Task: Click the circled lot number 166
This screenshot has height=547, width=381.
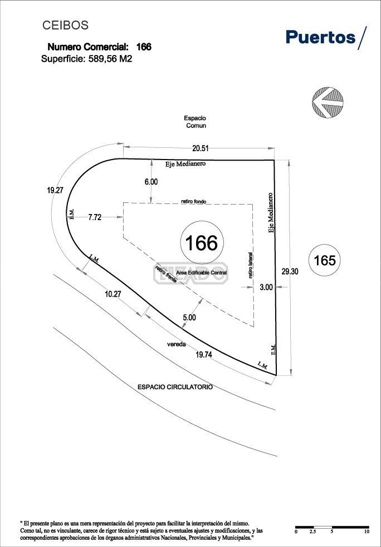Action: click(202, 243)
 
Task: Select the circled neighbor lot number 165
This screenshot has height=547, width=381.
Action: click(325, 260)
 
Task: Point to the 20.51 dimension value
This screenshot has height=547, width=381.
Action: click(201, 148)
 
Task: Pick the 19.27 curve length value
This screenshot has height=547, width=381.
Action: click(55, 190)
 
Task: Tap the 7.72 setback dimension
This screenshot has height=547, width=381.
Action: click(95, 218)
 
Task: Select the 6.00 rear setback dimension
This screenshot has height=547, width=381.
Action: click(151, 182)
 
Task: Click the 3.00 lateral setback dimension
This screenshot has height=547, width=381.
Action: click(266, 287)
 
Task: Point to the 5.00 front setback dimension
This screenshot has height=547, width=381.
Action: click(189, 317)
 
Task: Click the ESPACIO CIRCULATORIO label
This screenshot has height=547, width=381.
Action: click(175, 387)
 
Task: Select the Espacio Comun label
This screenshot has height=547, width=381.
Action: click(196, 122)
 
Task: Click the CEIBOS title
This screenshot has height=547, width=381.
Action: click(66, 26)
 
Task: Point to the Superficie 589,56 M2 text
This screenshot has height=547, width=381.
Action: click(86, 58)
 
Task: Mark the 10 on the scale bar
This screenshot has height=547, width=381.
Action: click(367, 532)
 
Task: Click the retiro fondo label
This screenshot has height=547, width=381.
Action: click(193, 201)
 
